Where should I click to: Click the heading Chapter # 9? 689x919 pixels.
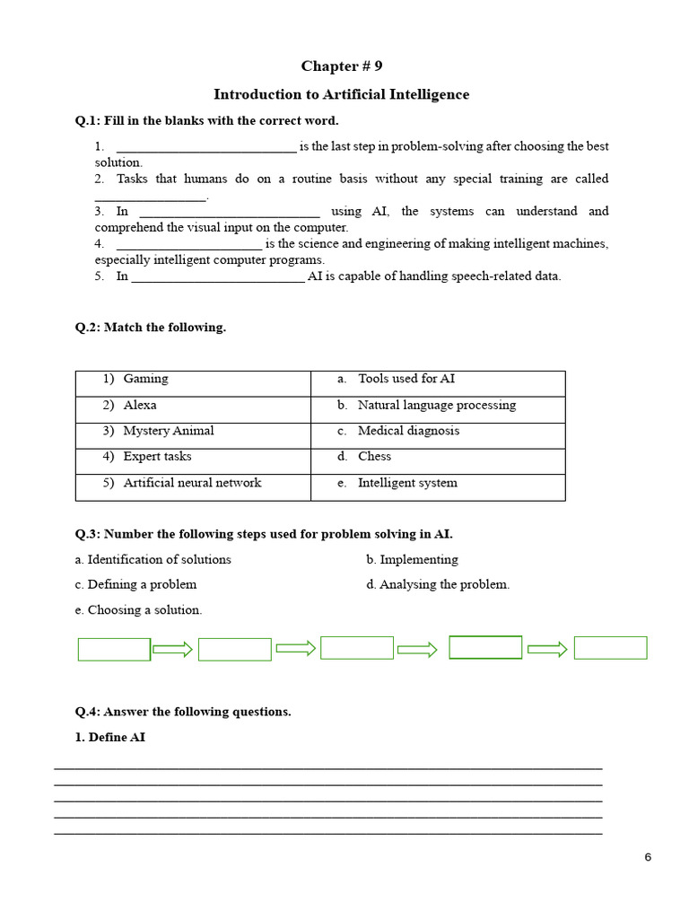[x=341, y=66]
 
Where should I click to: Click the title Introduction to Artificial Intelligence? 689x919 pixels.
[x=341, y=94]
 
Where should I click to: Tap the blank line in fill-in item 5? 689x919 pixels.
[x=218, y=277]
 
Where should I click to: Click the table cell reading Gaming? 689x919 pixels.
[x=193, y=380]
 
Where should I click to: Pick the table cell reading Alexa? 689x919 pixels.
[x=193, y=406]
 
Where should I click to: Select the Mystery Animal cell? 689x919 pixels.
[x=193, y=432]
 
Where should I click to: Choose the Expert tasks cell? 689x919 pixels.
[x=193, y=457]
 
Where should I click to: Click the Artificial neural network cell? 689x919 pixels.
[x=193, y=483]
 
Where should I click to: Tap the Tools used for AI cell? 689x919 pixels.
[x=438, y=380]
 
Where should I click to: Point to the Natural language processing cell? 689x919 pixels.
[x=438, y=406]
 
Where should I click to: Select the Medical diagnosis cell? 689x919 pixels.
[x=438, y=432]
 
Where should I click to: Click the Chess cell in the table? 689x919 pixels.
[x=438, y=457]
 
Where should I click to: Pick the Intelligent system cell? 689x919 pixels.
[x=438, y=483]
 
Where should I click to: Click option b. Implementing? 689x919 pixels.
[x=412, y=560]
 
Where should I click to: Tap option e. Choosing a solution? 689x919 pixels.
[x=139, y=610]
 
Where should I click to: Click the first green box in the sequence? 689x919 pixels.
[x=114, y=649]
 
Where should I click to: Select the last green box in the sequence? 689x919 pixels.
[x=610, y=648]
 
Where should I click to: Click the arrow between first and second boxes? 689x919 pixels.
[x=173, y=649]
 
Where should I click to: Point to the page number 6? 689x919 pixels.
[x=648, y=857]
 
